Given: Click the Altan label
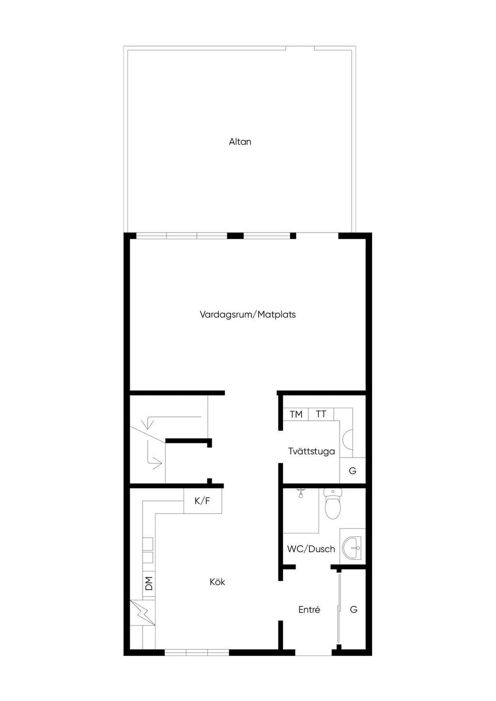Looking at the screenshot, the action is point(240,142).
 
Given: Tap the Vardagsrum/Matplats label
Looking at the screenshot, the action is point(248,314).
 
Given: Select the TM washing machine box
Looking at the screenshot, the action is point(296,414).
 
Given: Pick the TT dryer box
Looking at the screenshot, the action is point(321,414).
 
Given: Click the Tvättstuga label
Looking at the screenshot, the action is point(311,451).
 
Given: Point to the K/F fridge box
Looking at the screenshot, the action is point(202,501).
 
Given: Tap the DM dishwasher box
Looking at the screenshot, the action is point(149,583).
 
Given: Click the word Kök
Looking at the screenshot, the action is point(217,582).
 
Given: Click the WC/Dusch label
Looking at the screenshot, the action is point(311,549).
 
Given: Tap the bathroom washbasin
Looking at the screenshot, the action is point(352,548).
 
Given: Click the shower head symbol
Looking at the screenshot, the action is point(301,493).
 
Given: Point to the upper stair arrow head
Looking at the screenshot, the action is point(148,425).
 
